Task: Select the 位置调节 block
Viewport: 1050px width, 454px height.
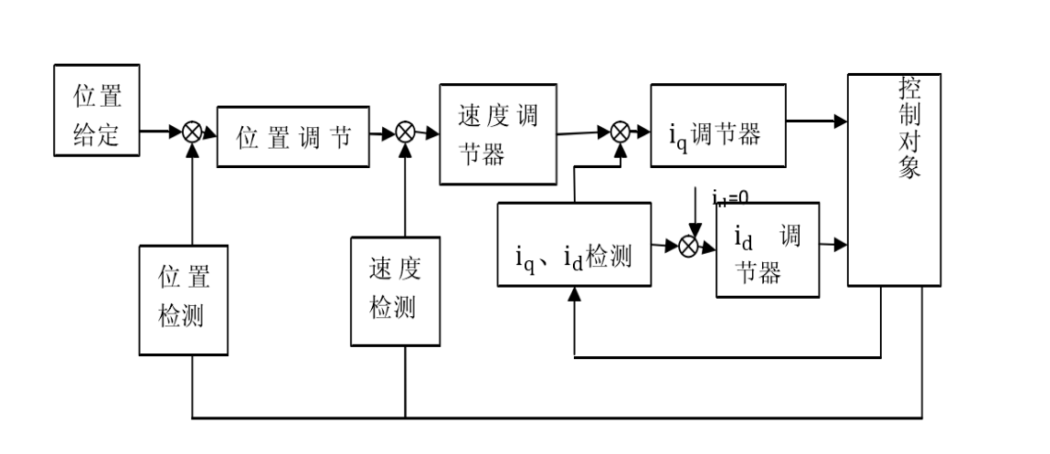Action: coord(293,136)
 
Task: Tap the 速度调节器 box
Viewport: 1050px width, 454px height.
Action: coord(498,134)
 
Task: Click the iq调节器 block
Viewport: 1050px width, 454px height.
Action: coord(717,126)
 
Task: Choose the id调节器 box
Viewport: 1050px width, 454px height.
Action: coord(767,250)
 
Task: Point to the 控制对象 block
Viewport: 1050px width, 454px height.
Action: coord(894,180)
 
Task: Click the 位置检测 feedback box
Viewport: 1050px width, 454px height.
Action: coord(184,300)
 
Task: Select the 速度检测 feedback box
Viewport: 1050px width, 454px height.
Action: coord(395,291)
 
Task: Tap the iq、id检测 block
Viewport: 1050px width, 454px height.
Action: coord(574,245)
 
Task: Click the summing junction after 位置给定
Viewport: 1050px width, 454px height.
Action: coord(192,132)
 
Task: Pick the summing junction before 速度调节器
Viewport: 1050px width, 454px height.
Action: coord(405,132)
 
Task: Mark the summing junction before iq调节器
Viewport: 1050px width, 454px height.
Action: coord(620,132)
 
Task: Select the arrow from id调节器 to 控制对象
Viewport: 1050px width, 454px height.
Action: coord(833,245)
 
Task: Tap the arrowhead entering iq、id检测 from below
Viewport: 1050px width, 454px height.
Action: coord(574,294)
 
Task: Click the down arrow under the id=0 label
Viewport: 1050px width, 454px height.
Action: coord(695,215)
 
